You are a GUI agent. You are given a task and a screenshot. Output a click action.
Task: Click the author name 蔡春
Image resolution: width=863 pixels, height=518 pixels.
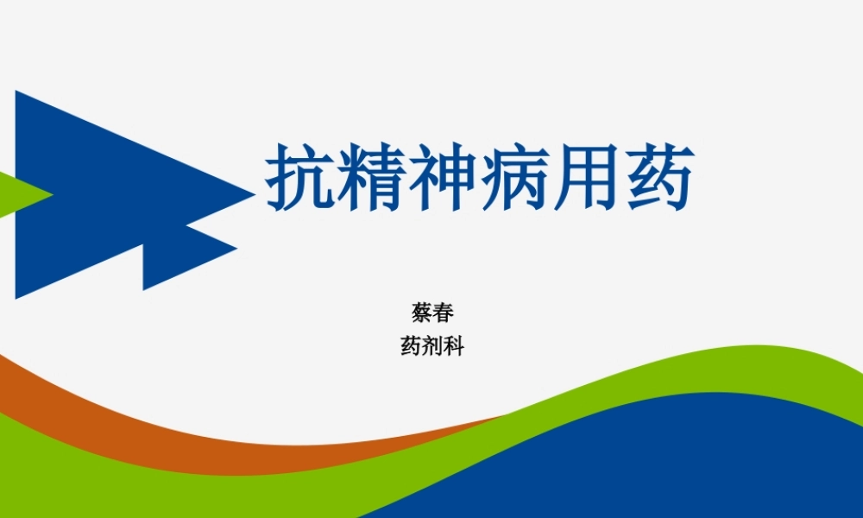click(x=432, y=312)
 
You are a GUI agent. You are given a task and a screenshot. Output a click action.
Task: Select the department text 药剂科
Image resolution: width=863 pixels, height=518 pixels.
click(x=432, y=347)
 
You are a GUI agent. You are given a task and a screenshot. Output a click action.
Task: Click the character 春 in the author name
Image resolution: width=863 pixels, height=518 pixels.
click(x=444, y=312)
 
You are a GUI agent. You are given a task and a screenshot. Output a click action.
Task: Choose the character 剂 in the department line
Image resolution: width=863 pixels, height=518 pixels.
click(x=432, y=347)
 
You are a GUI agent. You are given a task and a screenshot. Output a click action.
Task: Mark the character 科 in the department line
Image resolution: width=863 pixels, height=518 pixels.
click(x=454, y=347)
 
